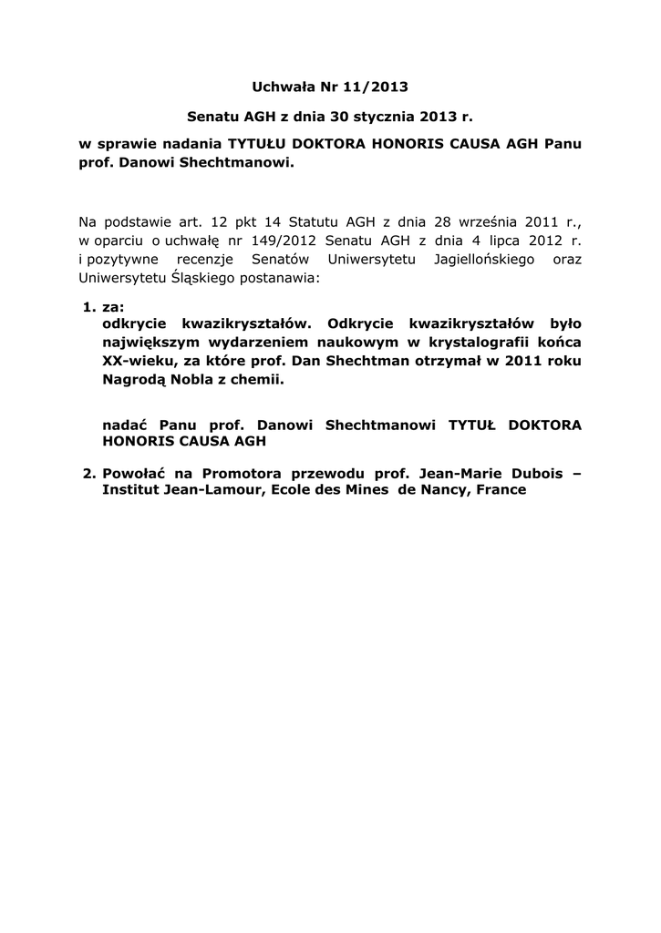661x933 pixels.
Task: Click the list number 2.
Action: click(88, 474)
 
